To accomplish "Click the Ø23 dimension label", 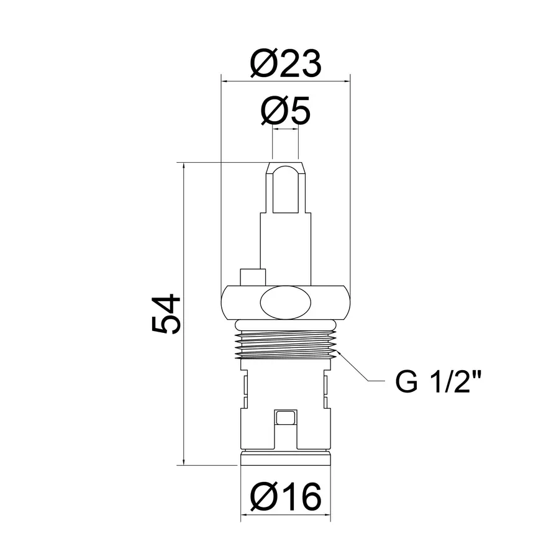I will pyautogui.click(x=285, y=63).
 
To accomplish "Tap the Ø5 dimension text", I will pyautogui.click(x=285, y=111).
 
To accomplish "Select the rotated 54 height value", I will pyautogui.click(x=166, y=314).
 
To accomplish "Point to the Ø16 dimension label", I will pyautogui.click(x=285, y=496).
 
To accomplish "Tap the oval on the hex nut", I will pyautogui.click(x=285, y=301).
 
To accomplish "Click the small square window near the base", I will pyautogui.click(x=285, y=419).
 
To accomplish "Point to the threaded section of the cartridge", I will pyautogui.click(x=285, y=343).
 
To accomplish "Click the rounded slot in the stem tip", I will pyautogui.click(x=285, y=186).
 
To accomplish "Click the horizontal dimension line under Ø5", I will pyautogui.click(x=285, y=131).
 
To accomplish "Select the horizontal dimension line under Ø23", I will pyautogui.click(x=285, y=80).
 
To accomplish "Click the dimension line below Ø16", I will pyautogui.click(x=285, y=515).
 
